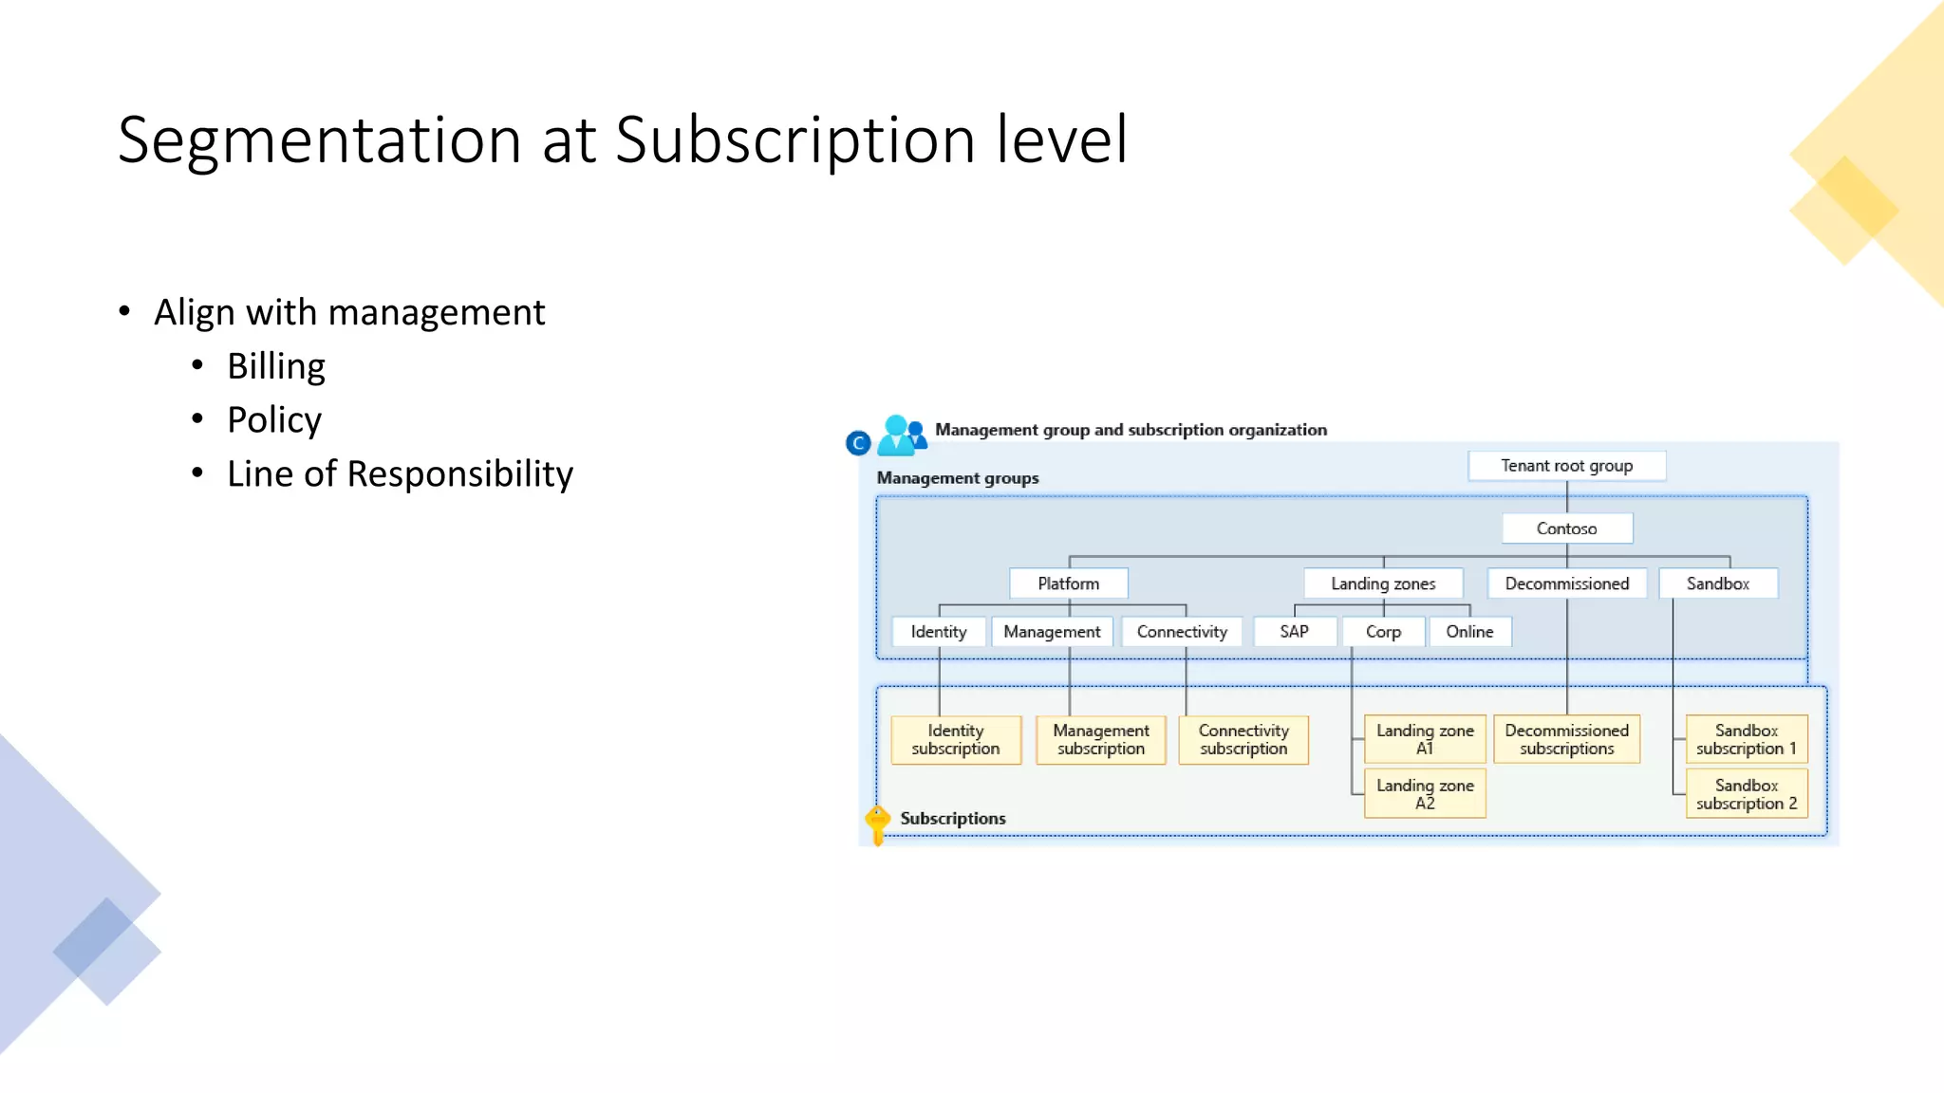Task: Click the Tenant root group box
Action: pyautogui.click(x=1566, y=466)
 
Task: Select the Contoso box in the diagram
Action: pyautogui.click(x=1566, y=528)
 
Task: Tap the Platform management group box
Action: pyautogui.click(x=1068, y=584)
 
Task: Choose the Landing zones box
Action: pyautogui.click(x=1383, y=584)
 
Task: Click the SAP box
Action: pyautogui.click(x=1294, y=632)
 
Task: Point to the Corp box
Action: pyautogui.click(x=1383, y=632)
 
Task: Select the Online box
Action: pyautogui.click(x=1469, y=632)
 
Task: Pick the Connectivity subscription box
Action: pyautogui.click(x=1243, y=739)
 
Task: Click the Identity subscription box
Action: pyautogui.click(x=956, y=739)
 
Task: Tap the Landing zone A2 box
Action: pyautogui.click(x=1425, y=794)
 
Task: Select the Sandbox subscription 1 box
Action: pyautogui.click(x=1747, y=739)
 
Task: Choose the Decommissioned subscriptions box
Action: pyautogui.click(x=1566, y=739)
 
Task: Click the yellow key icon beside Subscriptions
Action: pyautogui.click(x=878, y=823)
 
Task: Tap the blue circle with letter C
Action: pyautogui.click(x=858, y=443)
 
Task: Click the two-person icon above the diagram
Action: pyautogui.click(x=901, y=435)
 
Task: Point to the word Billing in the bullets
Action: pyautogui.click(x=276, y=366)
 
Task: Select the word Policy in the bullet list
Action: pyautogui.click(x=274, y=420)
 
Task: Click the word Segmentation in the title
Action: pyautogui.click(x=320, y=139)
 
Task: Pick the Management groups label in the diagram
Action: pyautogui.click(x=958, y=478)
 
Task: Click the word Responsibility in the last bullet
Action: pyautogui.click(x=460, y=474)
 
